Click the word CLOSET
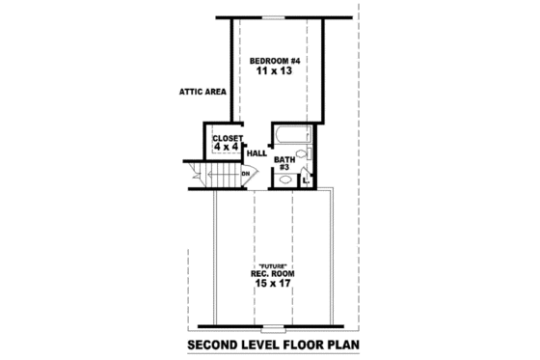click(x=227, y=138)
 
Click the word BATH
click(x=283, y=158)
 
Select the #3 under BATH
click(x=283, y=168)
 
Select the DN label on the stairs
click(x=246, y=174)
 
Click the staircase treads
click(x=223, y=176)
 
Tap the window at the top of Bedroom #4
click(x=276, y=16)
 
